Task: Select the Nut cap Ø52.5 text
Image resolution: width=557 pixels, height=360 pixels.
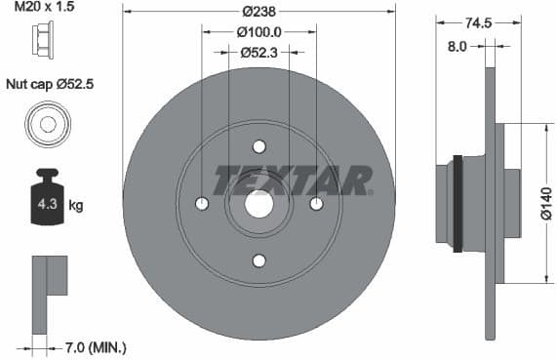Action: click(x=50, y=85)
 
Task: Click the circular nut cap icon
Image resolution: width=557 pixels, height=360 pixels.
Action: click(x=47, y=125)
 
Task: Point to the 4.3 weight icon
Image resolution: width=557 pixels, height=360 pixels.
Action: click(x=46, y=201)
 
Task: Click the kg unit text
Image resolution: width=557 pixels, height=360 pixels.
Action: click(x=75, y=207)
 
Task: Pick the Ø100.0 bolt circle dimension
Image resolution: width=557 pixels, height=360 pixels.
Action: click(x=259, y=31)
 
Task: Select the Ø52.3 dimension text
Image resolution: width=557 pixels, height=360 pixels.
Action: click(x=259, y=52)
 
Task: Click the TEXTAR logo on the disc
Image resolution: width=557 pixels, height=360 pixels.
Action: click(x=293, y=180)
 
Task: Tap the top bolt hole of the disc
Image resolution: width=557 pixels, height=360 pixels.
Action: click(x=259, y=147)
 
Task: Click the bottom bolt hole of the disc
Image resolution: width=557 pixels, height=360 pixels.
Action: click(x=259, y=260)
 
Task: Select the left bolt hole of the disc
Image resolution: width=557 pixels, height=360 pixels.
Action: click(x=202, y=204)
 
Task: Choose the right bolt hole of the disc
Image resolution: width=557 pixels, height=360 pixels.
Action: click(x=316, y=204)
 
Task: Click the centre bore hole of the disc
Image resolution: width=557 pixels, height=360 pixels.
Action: click(x=259, y=204)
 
